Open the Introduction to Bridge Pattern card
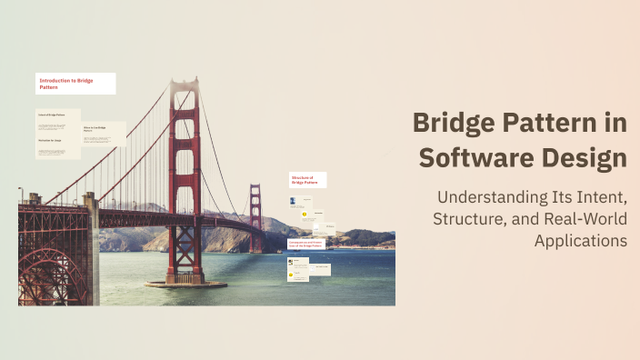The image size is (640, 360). pos(75,84)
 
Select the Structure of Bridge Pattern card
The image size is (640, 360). pos(307,180)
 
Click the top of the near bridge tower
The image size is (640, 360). pos(184,85)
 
